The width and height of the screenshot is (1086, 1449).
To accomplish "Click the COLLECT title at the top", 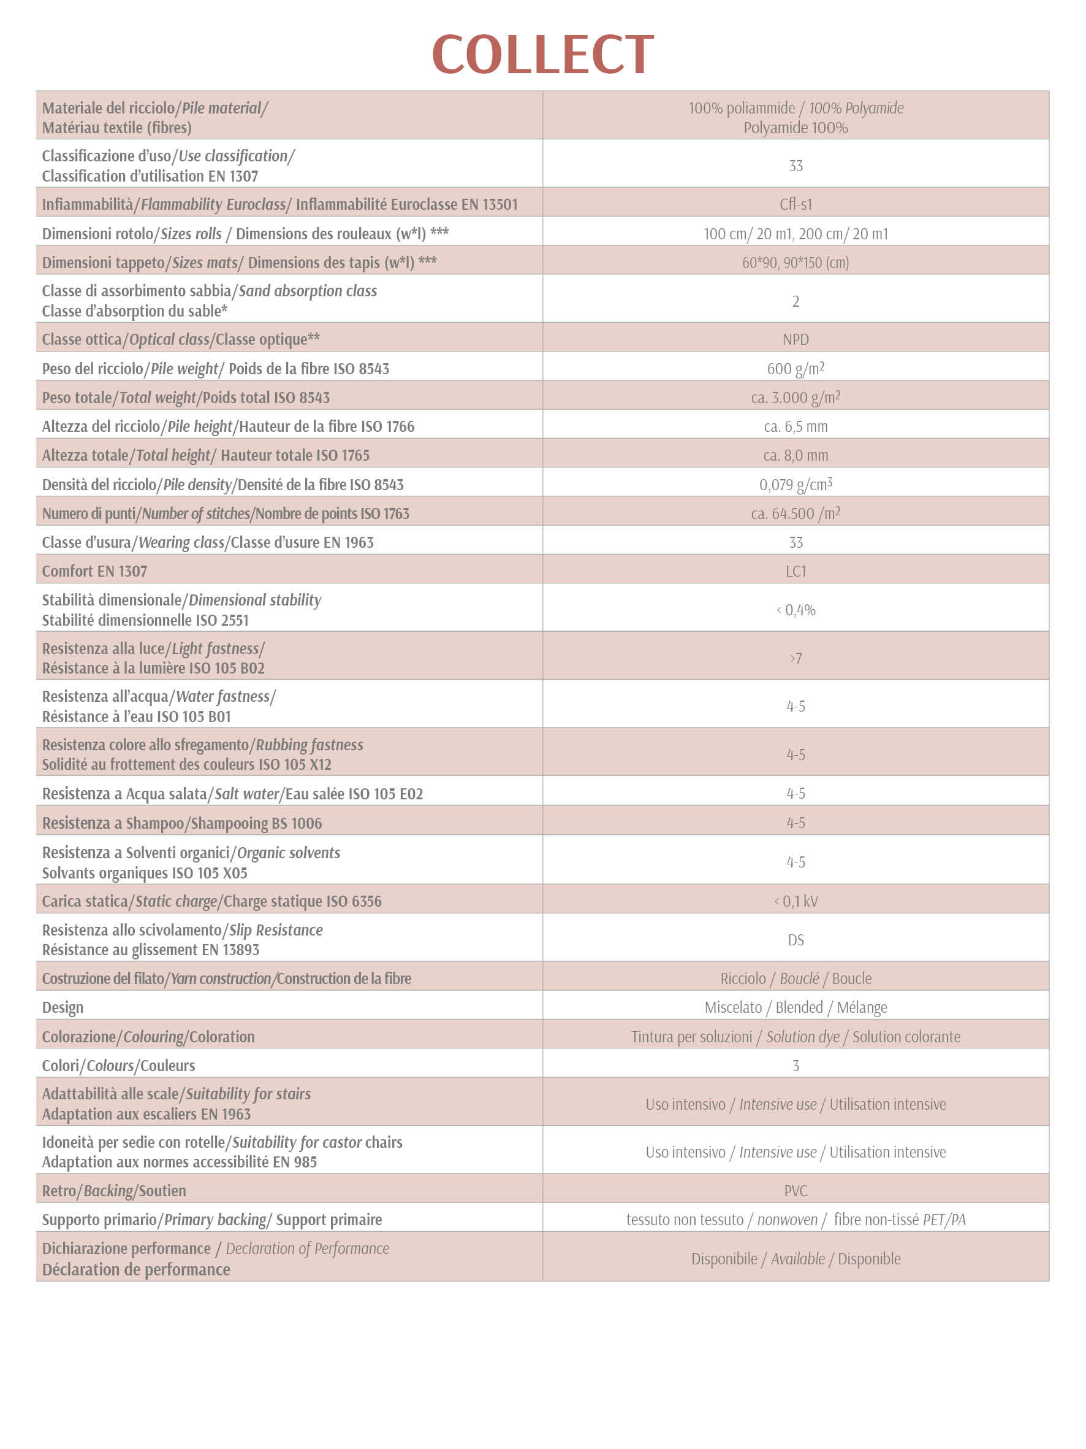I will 542,55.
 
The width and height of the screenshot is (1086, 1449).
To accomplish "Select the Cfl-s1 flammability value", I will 796,204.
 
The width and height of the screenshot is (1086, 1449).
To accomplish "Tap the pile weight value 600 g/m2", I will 796,369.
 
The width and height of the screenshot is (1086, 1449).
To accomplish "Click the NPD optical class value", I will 796,339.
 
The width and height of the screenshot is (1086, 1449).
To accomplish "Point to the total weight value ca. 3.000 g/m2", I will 796,398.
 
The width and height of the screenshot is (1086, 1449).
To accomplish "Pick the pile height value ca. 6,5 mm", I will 796,426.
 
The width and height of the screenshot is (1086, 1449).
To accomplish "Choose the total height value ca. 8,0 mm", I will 796,455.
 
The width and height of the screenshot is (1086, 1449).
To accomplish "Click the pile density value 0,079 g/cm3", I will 796,485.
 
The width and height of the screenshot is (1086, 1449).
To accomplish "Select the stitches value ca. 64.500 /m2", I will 796,513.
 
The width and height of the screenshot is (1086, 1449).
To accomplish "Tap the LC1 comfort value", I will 796,571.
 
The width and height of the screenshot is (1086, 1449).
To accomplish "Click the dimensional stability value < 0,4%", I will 796,610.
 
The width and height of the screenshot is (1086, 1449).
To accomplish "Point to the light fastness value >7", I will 796,658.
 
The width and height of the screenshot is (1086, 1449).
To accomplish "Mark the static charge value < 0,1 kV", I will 796,901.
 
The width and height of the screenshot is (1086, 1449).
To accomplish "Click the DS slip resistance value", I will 796,940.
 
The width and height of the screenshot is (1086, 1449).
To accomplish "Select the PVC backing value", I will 796,1191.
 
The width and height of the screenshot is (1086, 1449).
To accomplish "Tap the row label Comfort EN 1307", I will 94,571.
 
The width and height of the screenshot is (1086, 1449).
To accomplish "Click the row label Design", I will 63,1007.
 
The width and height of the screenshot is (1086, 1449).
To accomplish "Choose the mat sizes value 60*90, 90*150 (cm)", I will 796,263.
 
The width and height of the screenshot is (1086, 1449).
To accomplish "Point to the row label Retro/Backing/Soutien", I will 114,1191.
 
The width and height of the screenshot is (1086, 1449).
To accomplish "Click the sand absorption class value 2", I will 796,301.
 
